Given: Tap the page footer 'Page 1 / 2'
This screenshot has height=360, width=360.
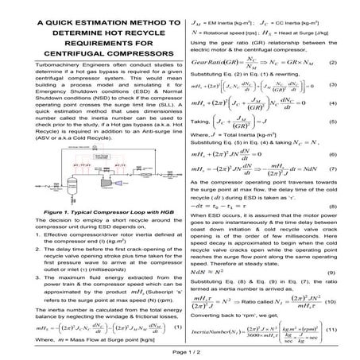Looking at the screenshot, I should tap(180, 350).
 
